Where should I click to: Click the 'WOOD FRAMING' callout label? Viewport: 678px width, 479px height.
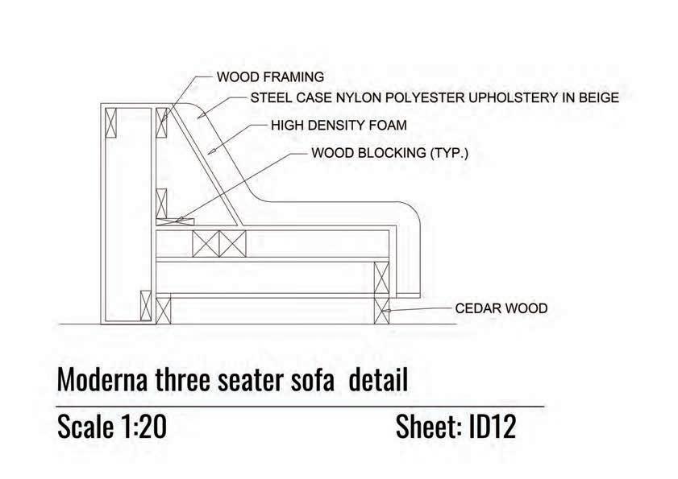270,77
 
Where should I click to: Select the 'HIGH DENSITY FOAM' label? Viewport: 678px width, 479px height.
339,126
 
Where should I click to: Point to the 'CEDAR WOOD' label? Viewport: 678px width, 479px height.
501,308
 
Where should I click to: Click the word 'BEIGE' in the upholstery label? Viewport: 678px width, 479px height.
597,99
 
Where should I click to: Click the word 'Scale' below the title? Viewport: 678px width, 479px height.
83,427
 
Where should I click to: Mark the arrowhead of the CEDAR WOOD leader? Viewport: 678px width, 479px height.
389,309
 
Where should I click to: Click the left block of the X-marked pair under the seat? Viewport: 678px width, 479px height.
204,242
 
